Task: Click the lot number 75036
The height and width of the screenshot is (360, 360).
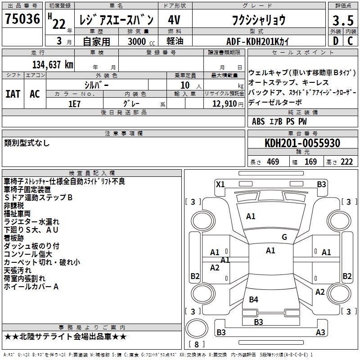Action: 22,19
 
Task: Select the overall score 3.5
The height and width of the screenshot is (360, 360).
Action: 343,20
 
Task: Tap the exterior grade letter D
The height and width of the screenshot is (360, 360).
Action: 336,41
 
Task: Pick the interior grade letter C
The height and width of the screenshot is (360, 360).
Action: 350,41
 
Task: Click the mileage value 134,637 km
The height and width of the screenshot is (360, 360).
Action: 53,65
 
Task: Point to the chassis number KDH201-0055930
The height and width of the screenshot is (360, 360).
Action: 302,143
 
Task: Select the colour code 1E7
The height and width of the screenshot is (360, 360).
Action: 74,104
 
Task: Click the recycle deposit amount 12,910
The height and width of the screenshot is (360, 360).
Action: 224,104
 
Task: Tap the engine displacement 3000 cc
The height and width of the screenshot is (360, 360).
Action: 141,41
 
